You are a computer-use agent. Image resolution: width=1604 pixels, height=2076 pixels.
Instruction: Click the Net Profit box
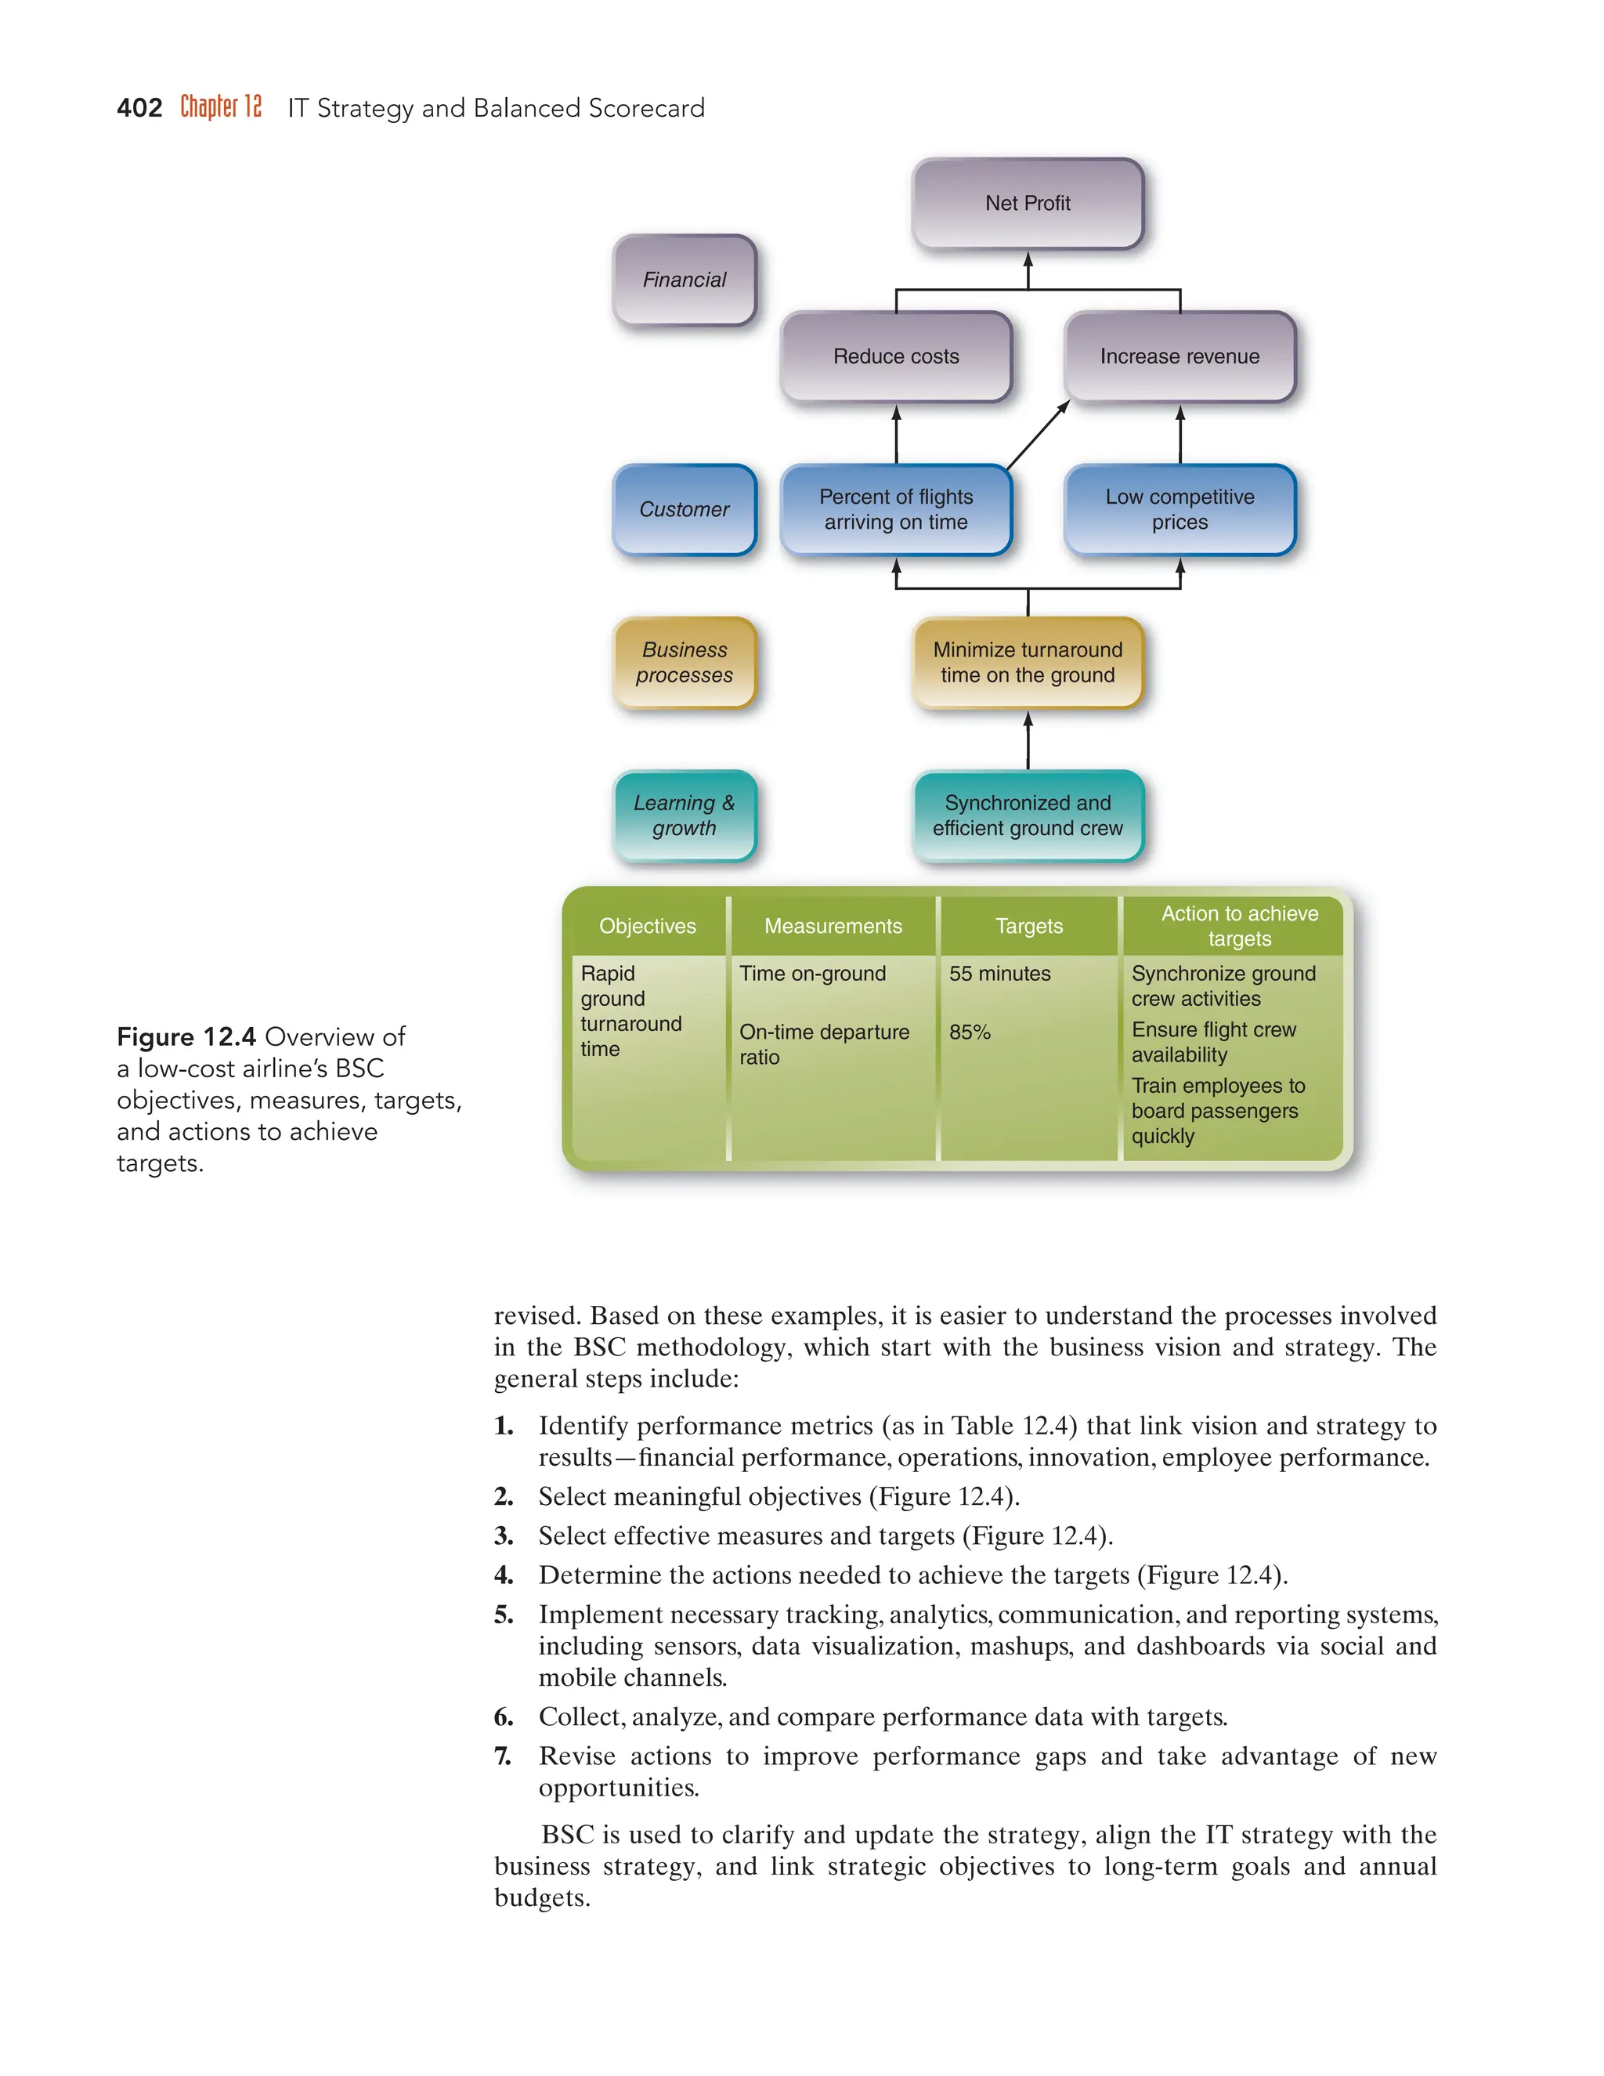click(1028, 204)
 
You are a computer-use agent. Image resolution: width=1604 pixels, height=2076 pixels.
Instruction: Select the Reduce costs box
click(895, 356)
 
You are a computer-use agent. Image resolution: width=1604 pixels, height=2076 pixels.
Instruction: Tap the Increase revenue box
click(1180, 356)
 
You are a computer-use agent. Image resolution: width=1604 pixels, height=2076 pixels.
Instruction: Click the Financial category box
click(685, 280)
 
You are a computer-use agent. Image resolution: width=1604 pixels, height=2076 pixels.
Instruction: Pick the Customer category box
click(685, 509)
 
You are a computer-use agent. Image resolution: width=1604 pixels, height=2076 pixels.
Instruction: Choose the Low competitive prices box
click(1180, 509)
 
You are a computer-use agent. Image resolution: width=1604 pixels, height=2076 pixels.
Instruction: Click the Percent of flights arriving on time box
click(895, 509)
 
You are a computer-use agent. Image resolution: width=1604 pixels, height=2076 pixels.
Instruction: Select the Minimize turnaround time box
click(1028, 663)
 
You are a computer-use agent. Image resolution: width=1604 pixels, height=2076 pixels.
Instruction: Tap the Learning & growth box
click(685, 816)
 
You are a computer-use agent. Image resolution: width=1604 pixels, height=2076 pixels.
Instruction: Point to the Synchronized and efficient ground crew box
click(1028, 816)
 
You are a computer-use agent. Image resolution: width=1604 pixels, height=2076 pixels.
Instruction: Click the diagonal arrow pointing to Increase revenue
click(1038, 436)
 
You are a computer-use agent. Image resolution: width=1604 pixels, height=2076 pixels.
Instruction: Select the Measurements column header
click(833, 926)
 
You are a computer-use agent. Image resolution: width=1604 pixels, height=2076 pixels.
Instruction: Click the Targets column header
click(1029, 926)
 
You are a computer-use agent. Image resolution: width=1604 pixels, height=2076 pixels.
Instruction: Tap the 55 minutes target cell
click(999, 973)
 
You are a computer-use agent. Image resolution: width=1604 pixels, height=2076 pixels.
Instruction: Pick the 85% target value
click(970, 1033)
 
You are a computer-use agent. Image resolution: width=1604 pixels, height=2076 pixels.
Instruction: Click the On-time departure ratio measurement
click(823, 1043)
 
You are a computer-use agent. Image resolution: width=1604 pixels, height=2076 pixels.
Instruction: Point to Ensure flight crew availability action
click(1213, 1042)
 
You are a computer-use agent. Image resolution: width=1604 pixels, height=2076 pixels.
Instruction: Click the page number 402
click(139, 108)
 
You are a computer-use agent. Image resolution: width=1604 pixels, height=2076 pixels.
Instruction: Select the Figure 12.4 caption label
click(186, 1036)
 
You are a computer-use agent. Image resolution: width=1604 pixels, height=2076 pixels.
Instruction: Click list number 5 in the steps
click(504, 1615)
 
